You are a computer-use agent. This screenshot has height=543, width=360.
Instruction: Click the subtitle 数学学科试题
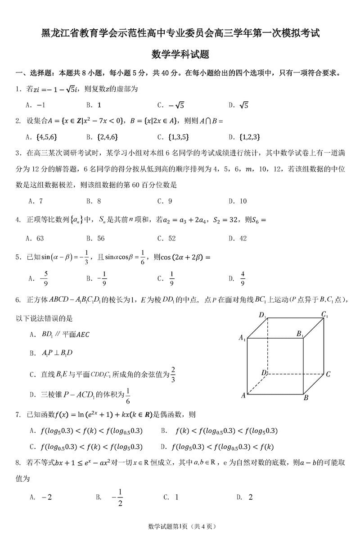(x=180, y=54)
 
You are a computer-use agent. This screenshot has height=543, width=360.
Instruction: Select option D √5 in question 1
(x=238, y=105)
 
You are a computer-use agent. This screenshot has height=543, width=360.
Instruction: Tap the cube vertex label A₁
(x=242, y=338)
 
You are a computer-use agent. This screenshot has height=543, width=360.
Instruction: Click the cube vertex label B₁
(x=300, y=334)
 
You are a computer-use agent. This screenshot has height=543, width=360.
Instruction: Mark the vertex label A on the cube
(x=243, y=395)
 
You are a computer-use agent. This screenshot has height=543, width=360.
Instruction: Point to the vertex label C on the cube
(x=328, y=374)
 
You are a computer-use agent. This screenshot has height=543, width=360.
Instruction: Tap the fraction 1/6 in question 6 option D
(x=128, y=395)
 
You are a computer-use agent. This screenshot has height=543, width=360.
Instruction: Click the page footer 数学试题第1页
(x=167, y=526)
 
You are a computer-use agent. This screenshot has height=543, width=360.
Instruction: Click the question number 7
(x=18, y=414)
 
